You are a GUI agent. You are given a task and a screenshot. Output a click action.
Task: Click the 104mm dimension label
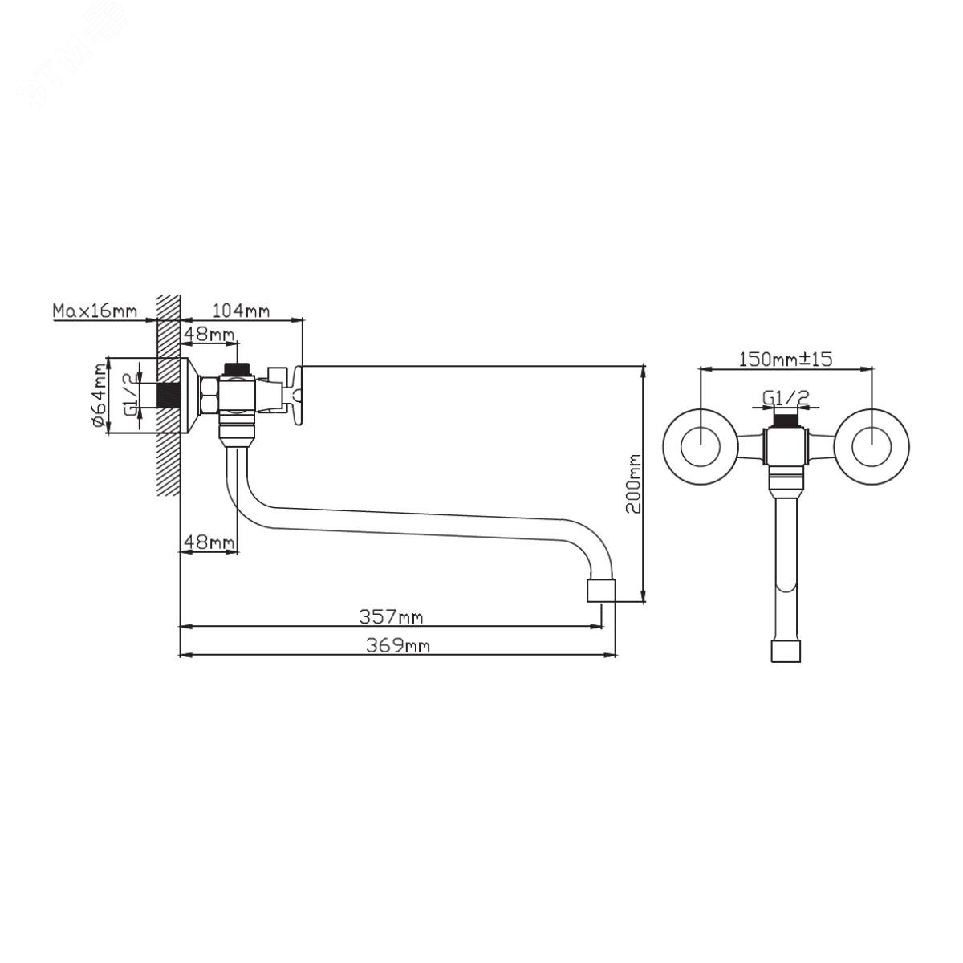pos(241,311)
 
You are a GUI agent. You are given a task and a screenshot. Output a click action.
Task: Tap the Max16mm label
pos(95,311)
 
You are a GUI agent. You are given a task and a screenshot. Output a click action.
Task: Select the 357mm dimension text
pos(391,617)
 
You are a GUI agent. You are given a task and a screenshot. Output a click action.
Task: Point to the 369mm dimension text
pos(398,646)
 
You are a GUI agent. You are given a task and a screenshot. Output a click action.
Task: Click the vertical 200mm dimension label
pos(634,483)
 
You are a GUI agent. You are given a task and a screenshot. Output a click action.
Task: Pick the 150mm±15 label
pos(786,359)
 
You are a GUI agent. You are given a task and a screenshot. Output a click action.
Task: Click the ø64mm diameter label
pos(100,396)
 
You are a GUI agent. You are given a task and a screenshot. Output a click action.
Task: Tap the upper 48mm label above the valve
pos(209,334)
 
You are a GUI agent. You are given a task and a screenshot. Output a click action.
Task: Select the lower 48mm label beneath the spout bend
pos(209,541)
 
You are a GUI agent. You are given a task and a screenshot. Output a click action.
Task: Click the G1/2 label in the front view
pos(786,397)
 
